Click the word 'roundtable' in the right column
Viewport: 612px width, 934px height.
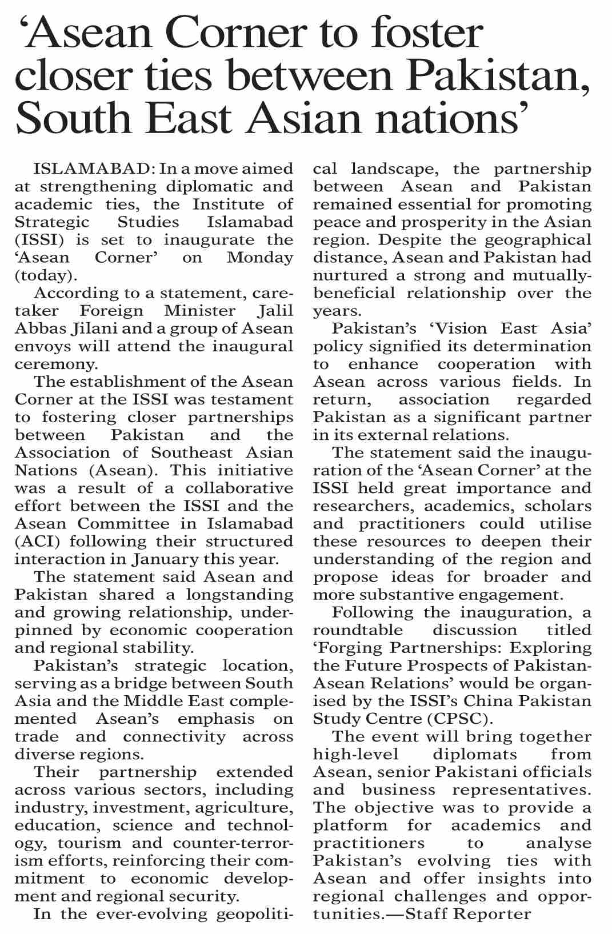(x=358, y=630)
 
